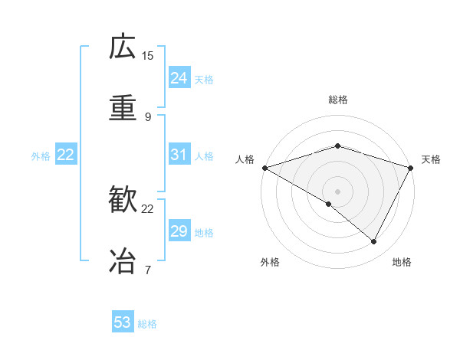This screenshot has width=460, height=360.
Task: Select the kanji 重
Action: pyautogui.click(x=123, y=108)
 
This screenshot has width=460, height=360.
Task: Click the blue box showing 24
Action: pyautogui.click(x=179, y=78)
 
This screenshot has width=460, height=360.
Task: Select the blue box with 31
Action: pyautogui.click(x=179, y=155)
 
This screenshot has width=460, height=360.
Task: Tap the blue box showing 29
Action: pyautogui.click(x=179, y=231)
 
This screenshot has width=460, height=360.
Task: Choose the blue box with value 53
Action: pyautogui.click(x=123, y=322)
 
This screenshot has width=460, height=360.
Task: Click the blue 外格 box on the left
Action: pyautogui.click(x=66, y=155)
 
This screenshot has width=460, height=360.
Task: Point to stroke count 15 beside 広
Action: pyautogui.click(x=148, y=55)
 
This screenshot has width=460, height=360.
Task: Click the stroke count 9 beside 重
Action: pyautogui.click(x=148, y=116)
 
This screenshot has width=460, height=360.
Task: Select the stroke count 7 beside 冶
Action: pyautogui.click(x=148, y=269)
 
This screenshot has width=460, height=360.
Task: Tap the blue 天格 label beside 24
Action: pyautogui.click(x=204, y=79)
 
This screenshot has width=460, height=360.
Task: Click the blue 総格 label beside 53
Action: pyautogui.click(x=147, y=323)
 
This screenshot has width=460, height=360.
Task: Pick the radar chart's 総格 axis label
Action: pyautogui.click(x=337, y=100)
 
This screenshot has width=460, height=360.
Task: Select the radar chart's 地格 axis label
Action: pyautogui.click(x=402, y=262)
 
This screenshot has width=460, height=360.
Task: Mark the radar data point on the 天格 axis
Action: pyautogui.click(x=412, y=167)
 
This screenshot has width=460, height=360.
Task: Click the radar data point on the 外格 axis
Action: pyautogui.click(x=329, y=204)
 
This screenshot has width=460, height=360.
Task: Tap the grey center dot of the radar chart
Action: pyautogui.click(x=337, y=191)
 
